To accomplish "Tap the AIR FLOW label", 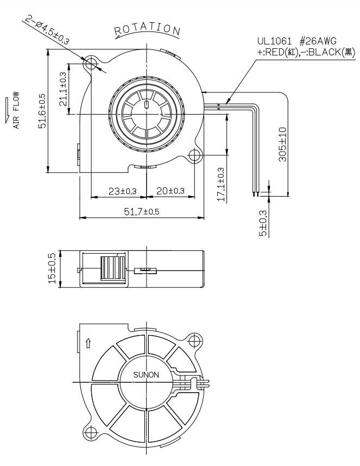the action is coord(16,110).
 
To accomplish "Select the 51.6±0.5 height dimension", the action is coord(42,111).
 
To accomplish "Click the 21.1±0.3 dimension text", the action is coord(62,89).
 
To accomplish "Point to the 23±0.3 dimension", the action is coord(122,191).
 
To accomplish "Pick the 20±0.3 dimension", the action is coord(170,191).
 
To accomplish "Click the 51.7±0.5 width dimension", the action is coord(142,212).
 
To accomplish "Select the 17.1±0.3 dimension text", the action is coord(221,184).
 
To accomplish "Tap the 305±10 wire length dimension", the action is coord(282,144).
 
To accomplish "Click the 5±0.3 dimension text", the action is coord(263,223).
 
